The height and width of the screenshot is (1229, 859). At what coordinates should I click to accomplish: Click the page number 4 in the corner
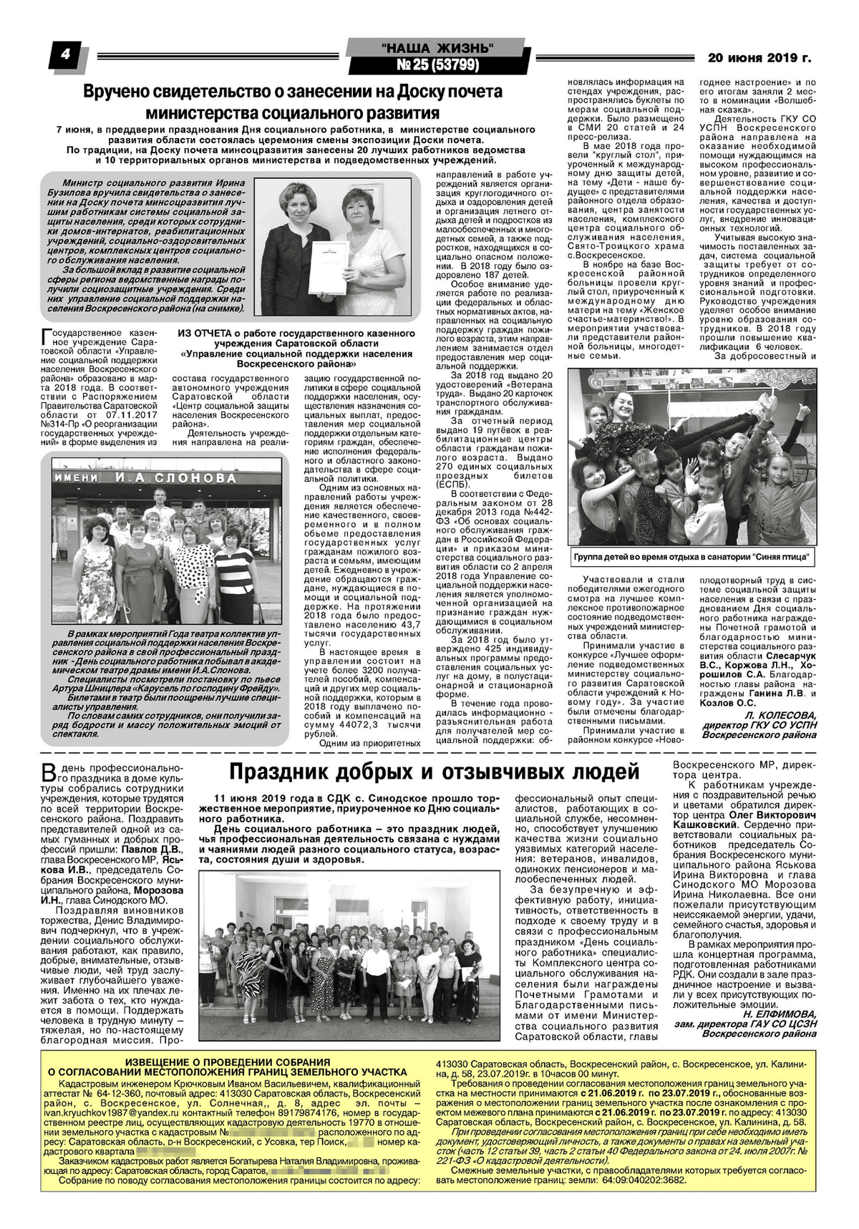[x=66, y=55]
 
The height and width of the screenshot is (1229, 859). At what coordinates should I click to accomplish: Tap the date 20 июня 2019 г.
[x=759, y=58]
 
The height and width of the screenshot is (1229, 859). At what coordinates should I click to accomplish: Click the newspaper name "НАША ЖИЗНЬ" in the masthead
[x=437, y=48]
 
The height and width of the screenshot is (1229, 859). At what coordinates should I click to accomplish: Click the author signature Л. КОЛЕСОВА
[x=780, y=715]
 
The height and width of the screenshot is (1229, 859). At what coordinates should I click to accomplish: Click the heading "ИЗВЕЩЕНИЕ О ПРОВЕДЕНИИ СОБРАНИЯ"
[x=228, y=1062]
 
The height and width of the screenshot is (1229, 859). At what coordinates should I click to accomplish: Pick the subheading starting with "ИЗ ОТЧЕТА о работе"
[x=296, y=334]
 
